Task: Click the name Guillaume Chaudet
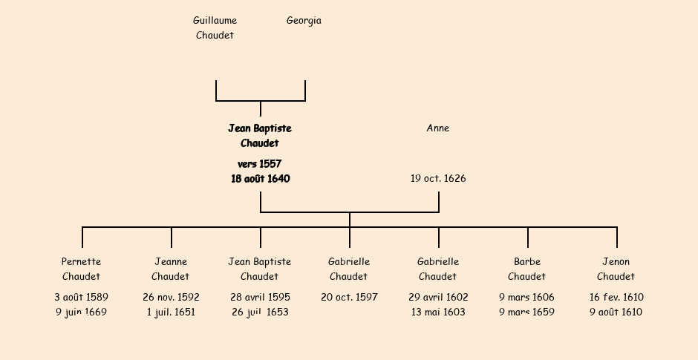pyautogui.click(x=215, y=27)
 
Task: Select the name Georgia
pyautogui.click(x=304, y=21)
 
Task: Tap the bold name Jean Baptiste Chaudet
pyautogui.click(x=260, y=136)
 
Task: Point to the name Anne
pyautogui.click(x=438, y=128)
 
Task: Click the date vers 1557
pyautogui.click(x=260, y=164)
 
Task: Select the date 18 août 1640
pyautogui.click(x=260, y=179)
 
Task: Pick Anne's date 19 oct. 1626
pyautogui.click(x=438, y=179)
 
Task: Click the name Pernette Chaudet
pyautogui.click(x=82, y=269)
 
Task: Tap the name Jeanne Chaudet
pyautogui.click(x=171, y=269)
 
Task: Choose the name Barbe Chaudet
pyautogui.click(x=527, y=269)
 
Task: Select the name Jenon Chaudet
pyautogui.click(x=616, y=269)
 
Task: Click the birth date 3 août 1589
pyautogui.click(x=82, y=298)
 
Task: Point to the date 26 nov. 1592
pyautogui.click(x=171, y=298)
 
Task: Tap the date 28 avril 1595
pyautogui.click(x=260, y=298)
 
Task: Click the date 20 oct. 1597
pyautogui.click(x=349, y=298)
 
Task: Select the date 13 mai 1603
pyautogui.click(x=438, y=312)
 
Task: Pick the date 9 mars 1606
pyautogui.click(x=527, y=298)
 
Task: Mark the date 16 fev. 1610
pyautogui.click(x=616, y=298)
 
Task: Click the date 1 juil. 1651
pyautogui.click(x=171, y=312)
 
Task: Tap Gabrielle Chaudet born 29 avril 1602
pyautogui.click(x=438, y=269)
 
